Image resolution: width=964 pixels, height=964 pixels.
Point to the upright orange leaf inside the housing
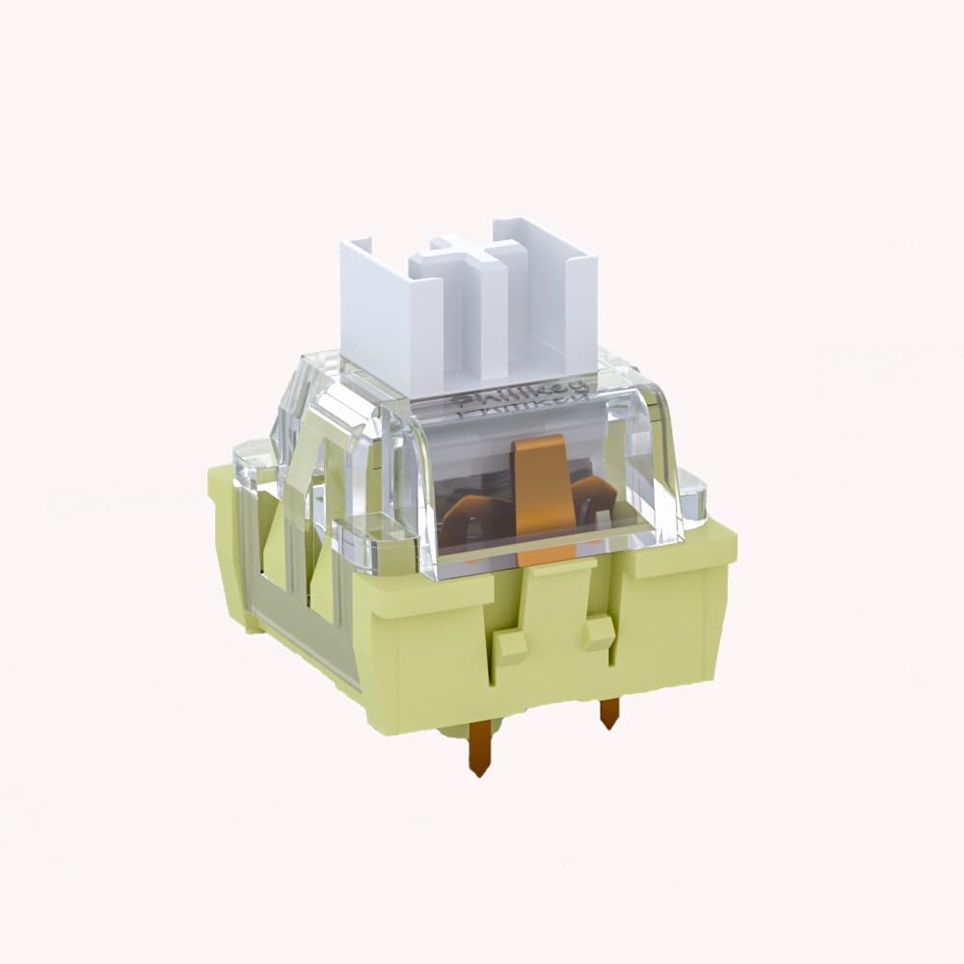pos(540,492)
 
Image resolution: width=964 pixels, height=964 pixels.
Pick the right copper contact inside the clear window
pos(593,492)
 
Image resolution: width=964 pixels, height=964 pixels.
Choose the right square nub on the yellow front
pos(600,631)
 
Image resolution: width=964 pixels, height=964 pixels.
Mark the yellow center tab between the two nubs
pos(554,617)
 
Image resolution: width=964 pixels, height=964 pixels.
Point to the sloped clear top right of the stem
pos(627,386)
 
